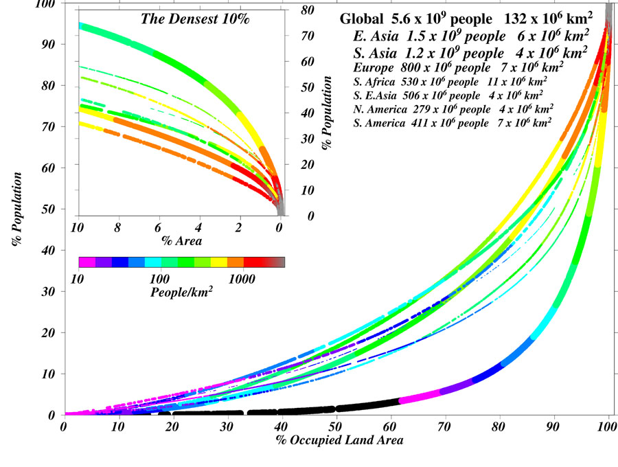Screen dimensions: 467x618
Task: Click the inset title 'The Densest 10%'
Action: click(195, 19)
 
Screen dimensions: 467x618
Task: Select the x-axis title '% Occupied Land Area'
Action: click(338, 440)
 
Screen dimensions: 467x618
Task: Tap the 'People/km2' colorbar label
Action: click(181, 293)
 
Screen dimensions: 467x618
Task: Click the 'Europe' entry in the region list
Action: click(458, 67)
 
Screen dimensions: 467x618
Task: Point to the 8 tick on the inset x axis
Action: click(117, 227)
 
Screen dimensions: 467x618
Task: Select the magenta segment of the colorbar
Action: click(87, 262)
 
